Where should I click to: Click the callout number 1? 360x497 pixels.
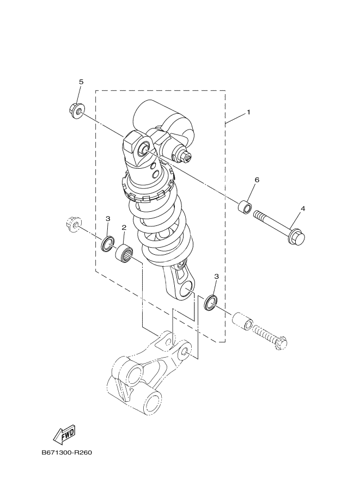click(x=248, y=112)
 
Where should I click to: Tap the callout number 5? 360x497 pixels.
click(x=81, y=82)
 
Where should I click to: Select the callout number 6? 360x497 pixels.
click(x=257, y=180)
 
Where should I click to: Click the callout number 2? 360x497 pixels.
click(x=124, y=228)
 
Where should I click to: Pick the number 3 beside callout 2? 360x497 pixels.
click(x=108, y=218)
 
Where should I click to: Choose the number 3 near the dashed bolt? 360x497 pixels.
click(x=216, y=277)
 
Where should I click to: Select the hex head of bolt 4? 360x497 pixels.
click(x=296, y=237)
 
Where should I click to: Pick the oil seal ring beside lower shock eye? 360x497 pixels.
click(x=210, y=302)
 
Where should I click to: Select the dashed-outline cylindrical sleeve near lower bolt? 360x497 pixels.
click(x=242, y=321)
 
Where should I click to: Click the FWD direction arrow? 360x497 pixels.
click(x=63, y=434)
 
